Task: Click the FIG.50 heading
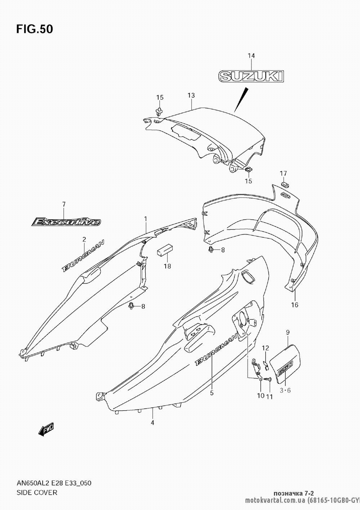coord(34,29)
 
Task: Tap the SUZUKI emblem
coord(251,76)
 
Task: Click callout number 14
coord(251,55)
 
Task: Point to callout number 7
coord(64,204)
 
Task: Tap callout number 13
coord(191,95)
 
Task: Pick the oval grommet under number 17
coord(284,185)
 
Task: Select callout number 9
coord(288,332)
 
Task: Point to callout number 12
coord(265,348)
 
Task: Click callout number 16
coord(294,305)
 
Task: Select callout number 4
coord(152,422)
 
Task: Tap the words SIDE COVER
coord(37,492)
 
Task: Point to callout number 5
coord(212,393)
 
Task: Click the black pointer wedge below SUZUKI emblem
coord(241,99)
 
